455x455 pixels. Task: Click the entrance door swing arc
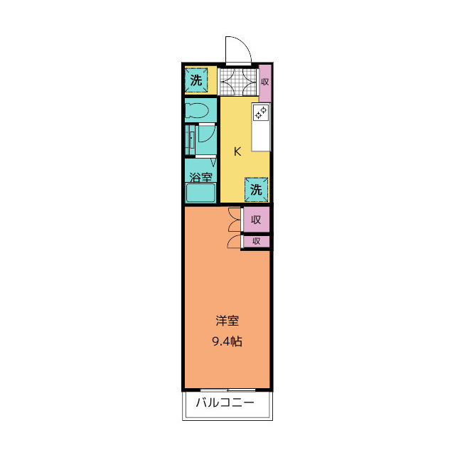(x=238, y=50)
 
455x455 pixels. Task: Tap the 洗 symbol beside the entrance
(x=196, y=80)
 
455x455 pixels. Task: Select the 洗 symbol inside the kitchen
(x=256, y=190)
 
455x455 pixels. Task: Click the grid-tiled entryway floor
(x=237, y=81)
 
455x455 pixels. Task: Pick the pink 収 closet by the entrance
(x=264, y=81)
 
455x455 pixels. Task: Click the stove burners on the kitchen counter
(x=260, y=112)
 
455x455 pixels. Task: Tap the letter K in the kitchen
(x=237, y=151)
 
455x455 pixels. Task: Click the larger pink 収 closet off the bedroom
(x=257, y=219)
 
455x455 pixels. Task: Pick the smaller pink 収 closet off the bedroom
(x=257, y=241)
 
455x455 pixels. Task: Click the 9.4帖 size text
(x=227, y=341)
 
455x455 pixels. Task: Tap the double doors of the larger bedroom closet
(x=235, y=219)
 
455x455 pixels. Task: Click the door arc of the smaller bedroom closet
(x=235, y=242)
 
